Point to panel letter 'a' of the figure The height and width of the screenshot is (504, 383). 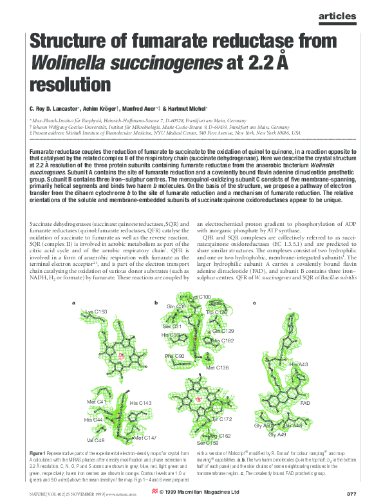click(74, 302)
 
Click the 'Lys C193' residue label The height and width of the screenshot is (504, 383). click(96, 312)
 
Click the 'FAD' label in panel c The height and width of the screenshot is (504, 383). click(305, 403)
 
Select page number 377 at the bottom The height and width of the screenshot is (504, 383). click(351, 494)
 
